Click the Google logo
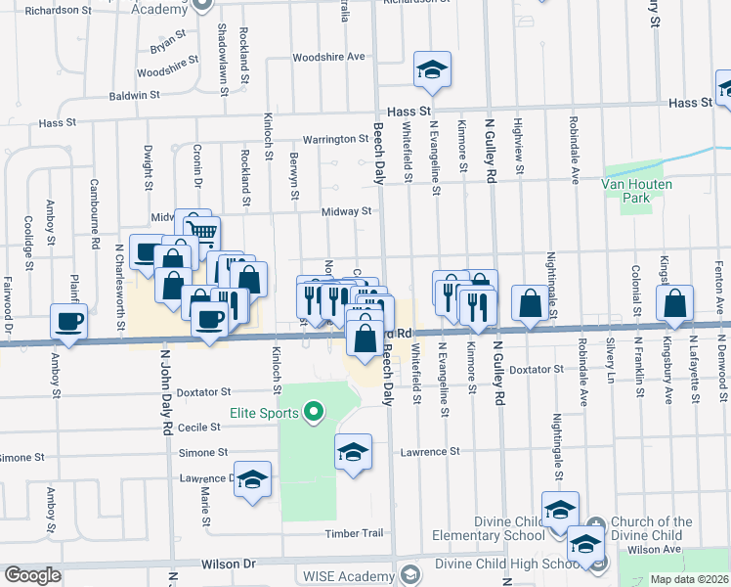click(x=32, y=575)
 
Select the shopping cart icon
click(x=202, y=233)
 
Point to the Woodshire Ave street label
click(x=327, y=57)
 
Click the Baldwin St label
click(x=134, y=95)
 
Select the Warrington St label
click(x=333, y=139)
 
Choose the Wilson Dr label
click(x=228, y=564)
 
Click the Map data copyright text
click(x=689, y=579)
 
